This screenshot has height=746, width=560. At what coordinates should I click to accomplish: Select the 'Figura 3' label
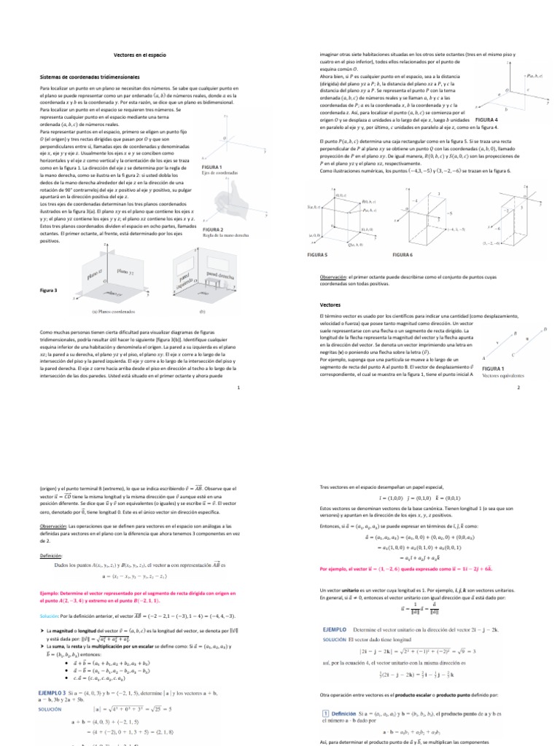(x=49, y=290)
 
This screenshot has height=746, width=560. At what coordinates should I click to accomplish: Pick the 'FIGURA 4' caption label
(x=486, y=119)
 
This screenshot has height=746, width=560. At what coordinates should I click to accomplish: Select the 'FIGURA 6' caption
(x=402, y=255)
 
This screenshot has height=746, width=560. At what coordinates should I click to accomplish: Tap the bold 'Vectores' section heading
(x=331, y=304)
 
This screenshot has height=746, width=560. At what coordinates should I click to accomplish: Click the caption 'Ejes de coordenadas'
(x=219, y=172)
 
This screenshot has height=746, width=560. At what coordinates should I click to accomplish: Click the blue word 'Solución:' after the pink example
(x=52, y=616)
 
